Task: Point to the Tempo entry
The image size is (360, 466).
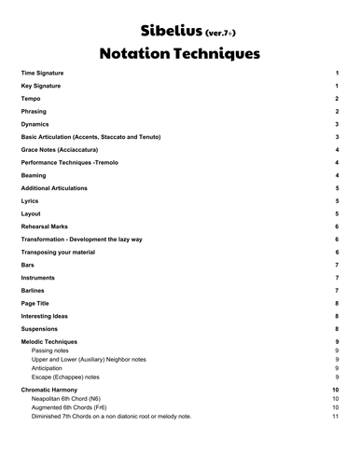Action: pyautogui.click(x=31, y=98)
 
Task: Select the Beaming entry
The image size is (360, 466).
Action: pyautogui.click(x=35, y=175)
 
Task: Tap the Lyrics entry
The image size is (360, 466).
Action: pyautogui.click(x=30, y=200)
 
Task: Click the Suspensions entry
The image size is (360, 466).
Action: pyautogui.click(x=42, y=329)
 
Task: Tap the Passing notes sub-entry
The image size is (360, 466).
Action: pyautogui.click(x=52, y=351)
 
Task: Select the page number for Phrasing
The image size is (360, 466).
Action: pyautogui.click(x=336, y=111)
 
